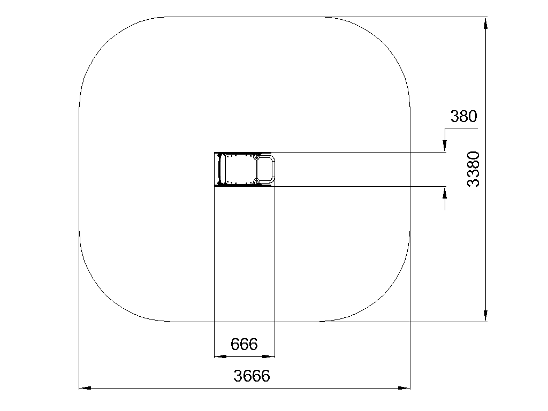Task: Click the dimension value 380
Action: [x=463, y=116]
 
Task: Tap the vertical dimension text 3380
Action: [x=474, y=169]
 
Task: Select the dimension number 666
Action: [x=244, y=344]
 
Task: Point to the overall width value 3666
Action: [x=252, y=376]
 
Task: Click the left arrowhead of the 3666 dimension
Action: [x=85, y=388]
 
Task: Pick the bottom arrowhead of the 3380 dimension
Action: [x=485, y=315]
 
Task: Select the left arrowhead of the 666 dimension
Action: [x=220, y=356]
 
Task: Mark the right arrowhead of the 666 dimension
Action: [x=269, y=356]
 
